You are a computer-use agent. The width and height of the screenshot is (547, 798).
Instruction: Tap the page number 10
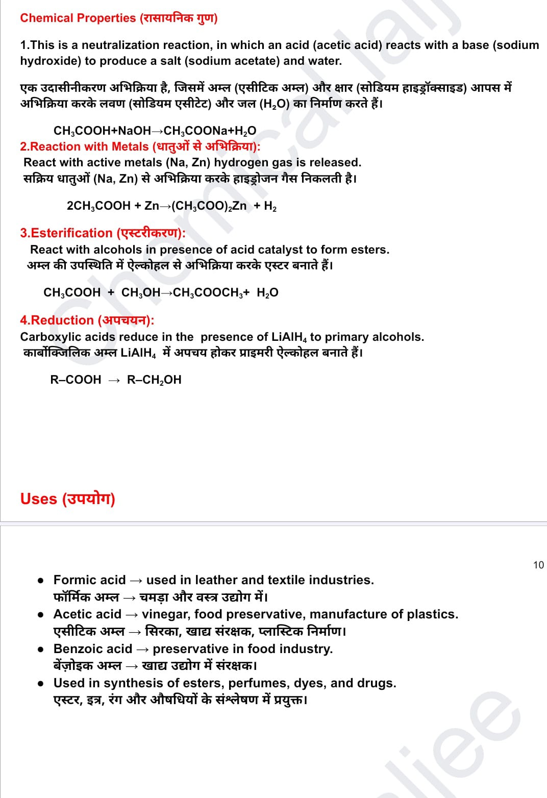pyautogui.click(x=538, y=565)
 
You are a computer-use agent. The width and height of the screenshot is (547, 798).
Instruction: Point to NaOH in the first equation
pyautogui.click(x=134, y=131)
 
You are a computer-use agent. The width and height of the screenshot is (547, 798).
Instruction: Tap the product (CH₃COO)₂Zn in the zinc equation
pyautogui.click(x=209, y=206)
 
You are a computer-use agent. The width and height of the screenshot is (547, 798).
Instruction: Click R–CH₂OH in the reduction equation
pyautogui.click(x=154, y=380)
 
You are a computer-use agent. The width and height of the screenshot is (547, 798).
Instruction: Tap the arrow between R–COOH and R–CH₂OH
pyautogui.click(x=114, y=380)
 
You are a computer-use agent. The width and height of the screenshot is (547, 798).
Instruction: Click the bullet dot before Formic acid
pyautogui.click(x=40, y=581)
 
